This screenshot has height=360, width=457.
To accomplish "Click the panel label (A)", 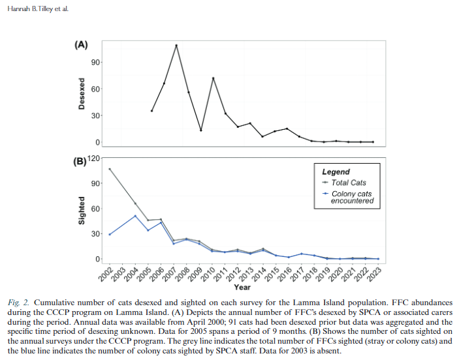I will [81, 45].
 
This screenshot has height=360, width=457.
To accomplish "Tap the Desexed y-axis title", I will [82, 94].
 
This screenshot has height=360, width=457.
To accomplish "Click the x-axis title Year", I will [242, 287].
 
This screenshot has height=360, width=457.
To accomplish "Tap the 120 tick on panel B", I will [95, 158].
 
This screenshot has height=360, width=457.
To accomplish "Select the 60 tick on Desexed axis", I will [95, 89].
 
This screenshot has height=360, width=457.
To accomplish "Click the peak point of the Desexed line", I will [176, 45].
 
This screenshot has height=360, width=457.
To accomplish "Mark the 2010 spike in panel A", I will [213, 78].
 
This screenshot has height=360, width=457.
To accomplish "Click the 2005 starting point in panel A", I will [151, 111].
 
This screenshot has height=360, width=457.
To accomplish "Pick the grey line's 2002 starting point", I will [110, 169].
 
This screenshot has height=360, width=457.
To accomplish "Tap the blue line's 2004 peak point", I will [134, 216].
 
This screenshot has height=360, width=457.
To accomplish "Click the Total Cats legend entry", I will [349, 183].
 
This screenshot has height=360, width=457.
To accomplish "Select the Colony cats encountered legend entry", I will [353, 198].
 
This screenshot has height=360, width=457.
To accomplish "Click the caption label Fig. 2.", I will [19, 303].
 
